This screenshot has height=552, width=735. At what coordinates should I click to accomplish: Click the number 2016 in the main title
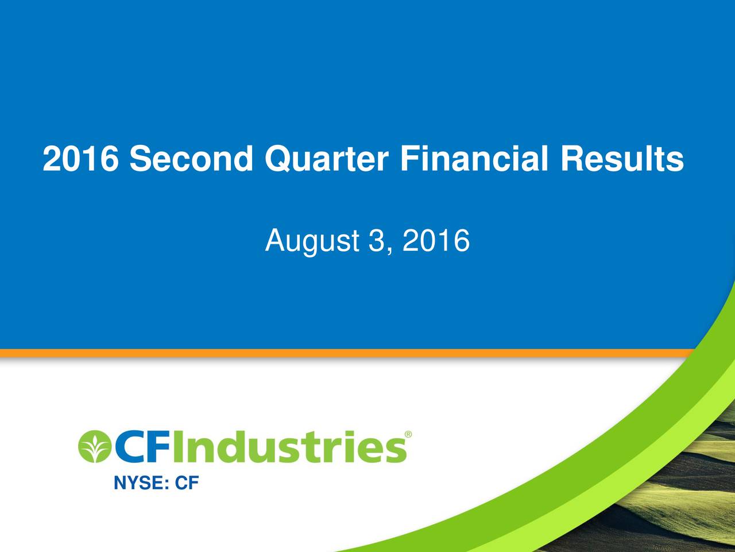pos(81,159)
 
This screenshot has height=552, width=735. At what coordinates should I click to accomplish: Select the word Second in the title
pos(191,159)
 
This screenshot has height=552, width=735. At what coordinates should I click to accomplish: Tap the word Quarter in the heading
pos(326,159)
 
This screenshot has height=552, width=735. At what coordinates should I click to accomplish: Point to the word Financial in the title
pos(474,159)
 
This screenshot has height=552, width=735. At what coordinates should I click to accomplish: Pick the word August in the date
pos(312,241)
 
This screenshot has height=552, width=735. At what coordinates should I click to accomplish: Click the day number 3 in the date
pos(376,240)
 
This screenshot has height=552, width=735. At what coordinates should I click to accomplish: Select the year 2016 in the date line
pos(436,240)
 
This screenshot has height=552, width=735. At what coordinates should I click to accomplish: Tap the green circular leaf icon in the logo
pos(94,446)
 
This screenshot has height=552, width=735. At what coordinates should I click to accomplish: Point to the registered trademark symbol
pos(408,435)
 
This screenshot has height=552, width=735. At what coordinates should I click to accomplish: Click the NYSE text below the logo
pos(138,484)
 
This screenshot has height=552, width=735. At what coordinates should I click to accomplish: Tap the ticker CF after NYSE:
pos(187,484)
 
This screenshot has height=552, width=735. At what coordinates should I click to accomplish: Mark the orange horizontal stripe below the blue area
pos(345,353)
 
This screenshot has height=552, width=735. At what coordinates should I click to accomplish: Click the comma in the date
pos(390,251)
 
